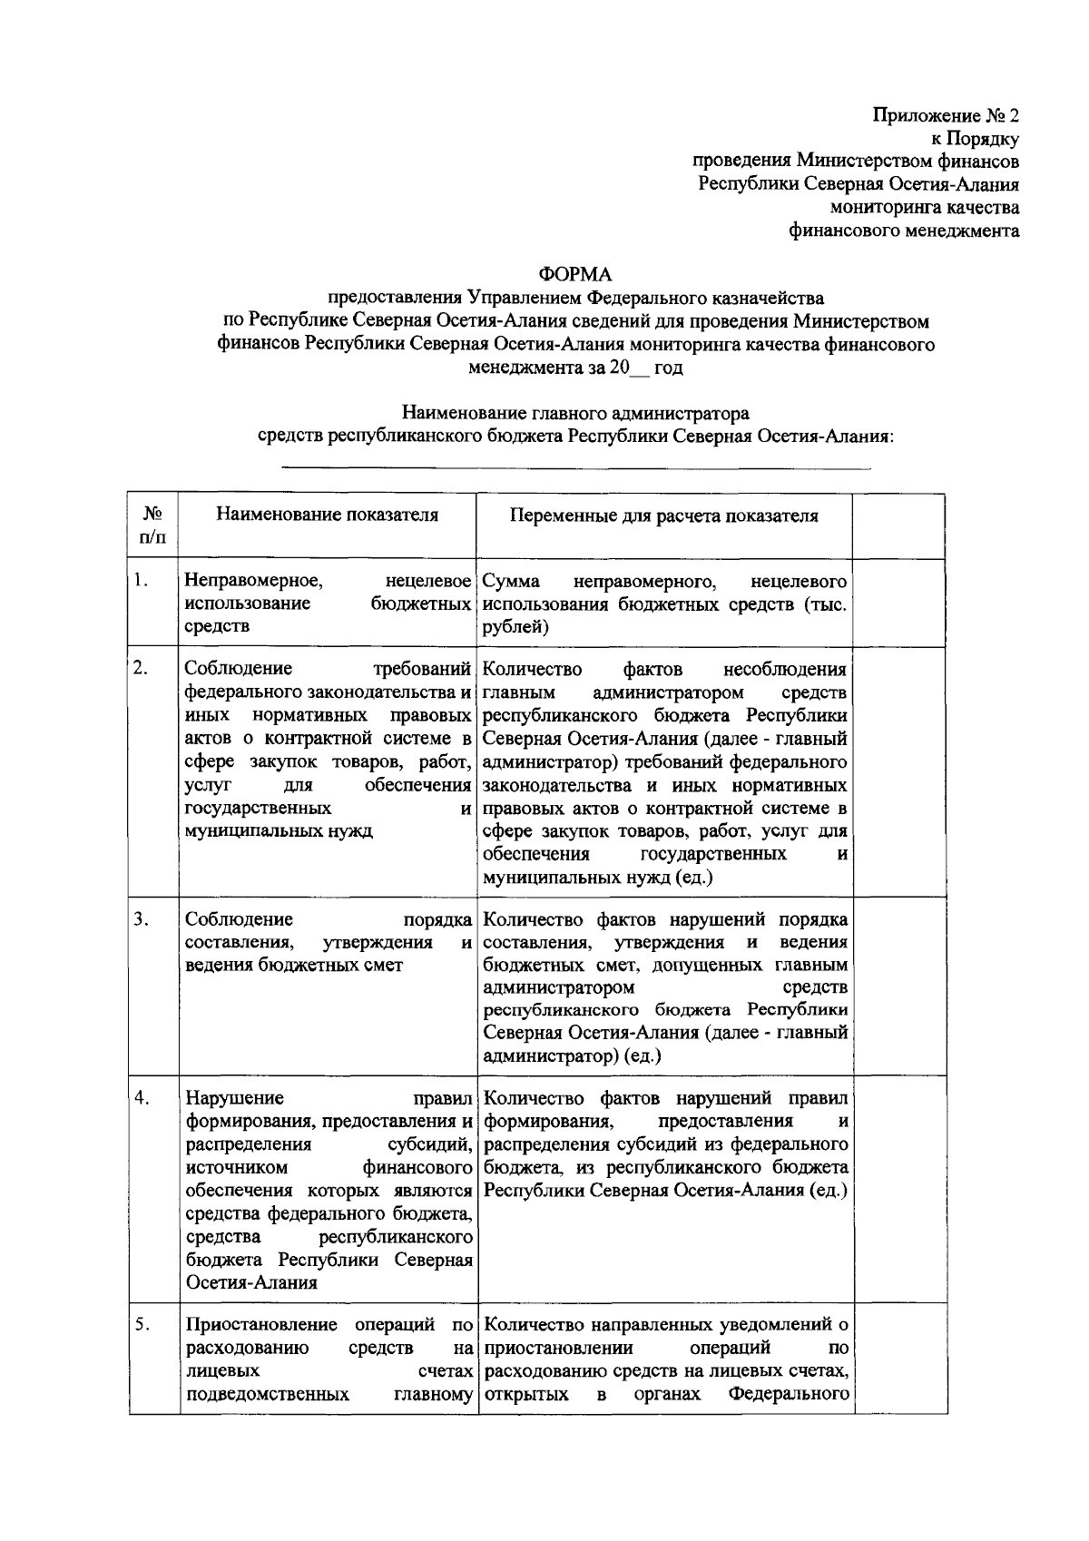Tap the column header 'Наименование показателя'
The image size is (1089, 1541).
pos(327,515)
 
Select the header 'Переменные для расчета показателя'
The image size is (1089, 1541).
pos(663,516)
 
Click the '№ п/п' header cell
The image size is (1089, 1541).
pos(152,525)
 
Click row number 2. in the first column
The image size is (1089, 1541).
pos(141,670)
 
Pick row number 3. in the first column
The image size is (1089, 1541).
pos(141,919)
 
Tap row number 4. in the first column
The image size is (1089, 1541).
pos(142,1098)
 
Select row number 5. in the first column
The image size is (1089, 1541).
pos(141,1324)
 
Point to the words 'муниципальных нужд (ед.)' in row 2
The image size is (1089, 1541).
pos(598,878)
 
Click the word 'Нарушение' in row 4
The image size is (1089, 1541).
pos(234,1098)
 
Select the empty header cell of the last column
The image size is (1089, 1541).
pos(898,525)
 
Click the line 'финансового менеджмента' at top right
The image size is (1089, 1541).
pos(903,231)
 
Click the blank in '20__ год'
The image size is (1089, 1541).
pos(640,370)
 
